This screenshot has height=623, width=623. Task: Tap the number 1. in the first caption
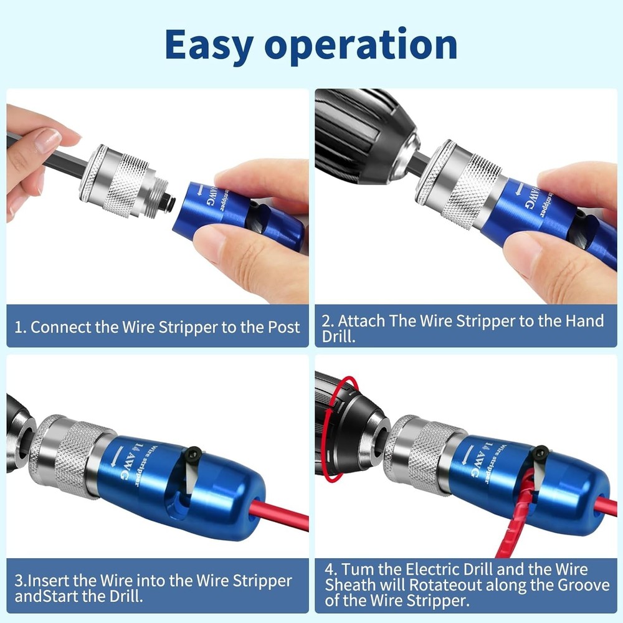click(21, 326)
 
